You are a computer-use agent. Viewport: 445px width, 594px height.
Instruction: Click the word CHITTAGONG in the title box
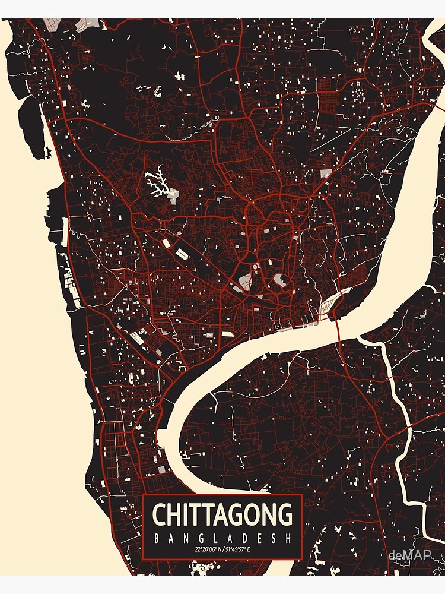[223, 514]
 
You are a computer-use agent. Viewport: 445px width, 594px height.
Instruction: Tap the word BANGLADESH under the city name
[223, 538]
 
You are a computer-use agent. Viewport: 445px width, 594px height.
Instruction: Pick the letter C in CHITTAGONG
[160, 514]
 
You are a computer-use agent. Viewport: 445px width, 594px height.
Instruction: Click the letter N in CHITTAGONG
[270, 514]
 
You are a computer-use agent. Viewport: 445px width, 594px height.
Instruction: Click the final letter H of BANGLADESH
[291, 538]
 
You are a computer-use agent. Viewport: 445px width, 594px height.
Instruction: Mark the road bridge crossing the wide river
[336, 323]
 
